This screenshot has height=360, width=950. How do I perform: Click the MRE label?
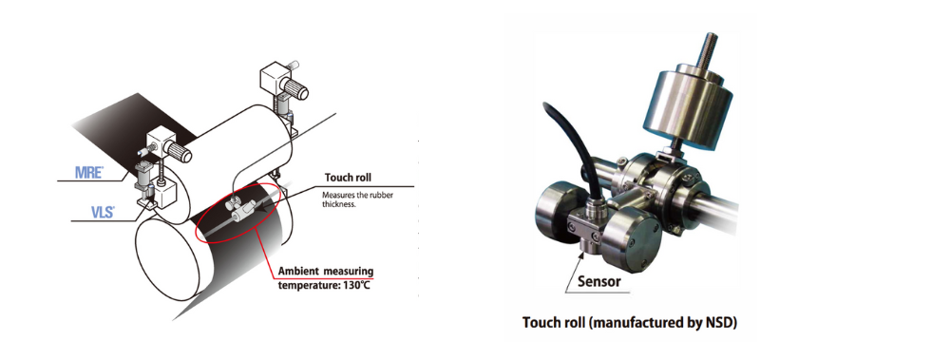pos(88,172)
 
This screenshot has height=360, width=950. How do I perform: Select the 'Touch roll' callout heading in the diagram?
pos(349,178)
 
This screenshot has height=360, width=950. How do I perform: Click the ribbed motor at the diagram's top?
pos(295,89)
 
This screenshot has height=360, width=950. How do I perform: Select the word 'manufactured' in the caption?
pos(654,323)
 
